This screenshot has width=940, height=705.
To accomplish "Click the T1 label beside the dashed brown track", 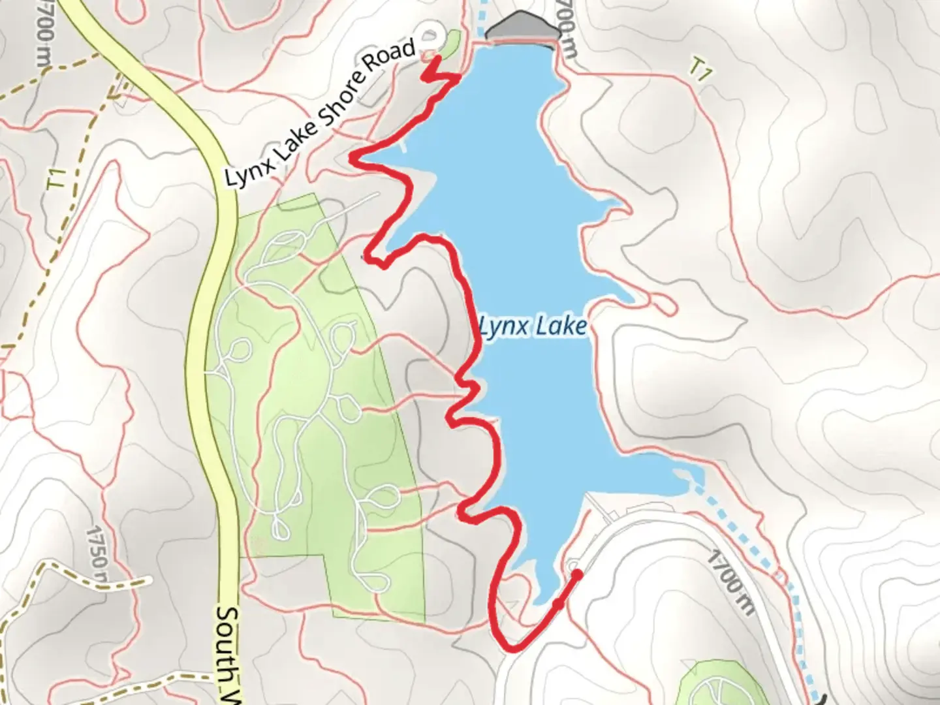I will [59, 180].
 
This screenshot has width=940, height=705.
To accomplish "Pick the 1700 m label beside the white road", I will [732, 580].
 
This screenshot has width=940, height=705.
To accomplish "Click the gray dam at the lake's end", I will [522, 29].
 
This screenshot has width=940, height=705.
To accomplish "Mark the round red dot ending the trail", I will [577, 574].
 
